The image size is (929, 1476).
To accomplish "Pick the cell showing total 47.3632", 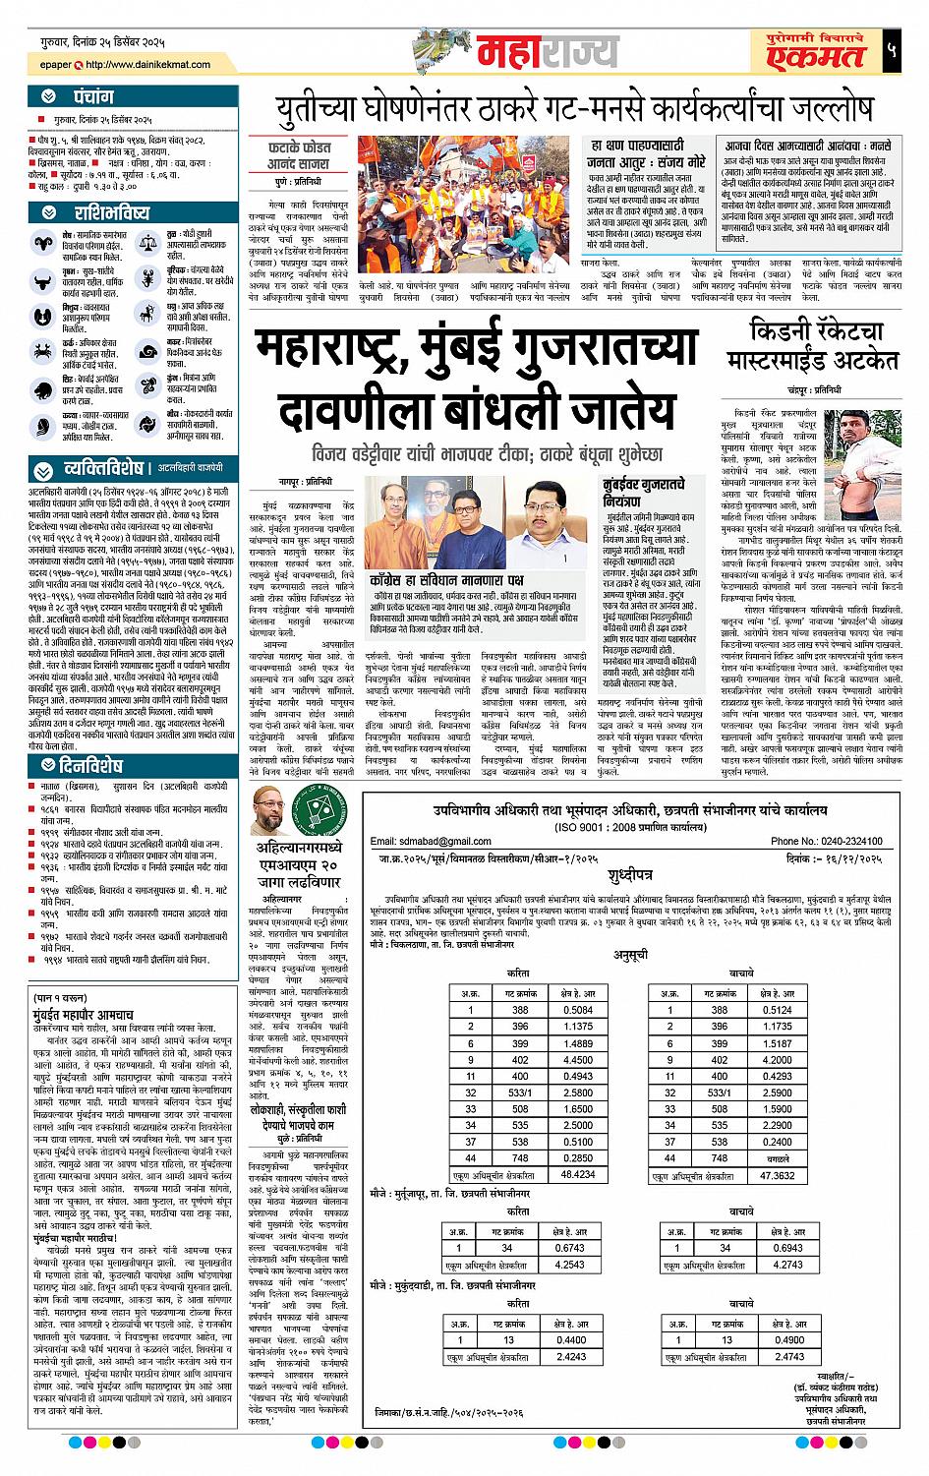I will point(777,1173).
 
